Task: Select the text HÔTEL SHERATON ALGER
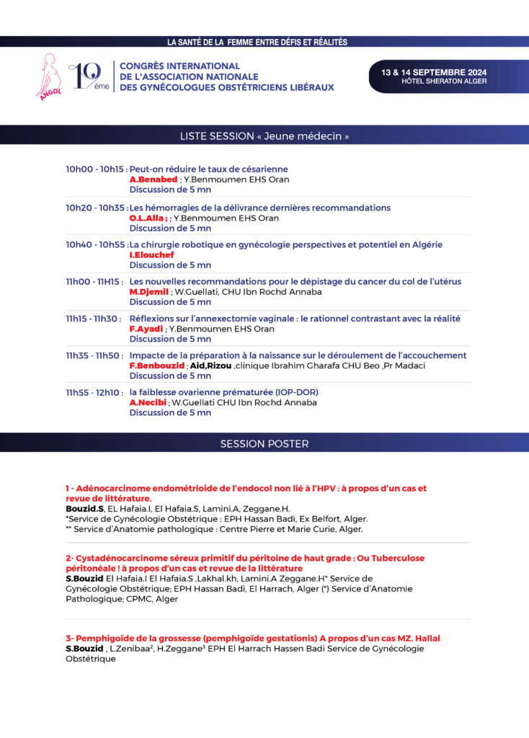pyautogui.click(x=444, y=81)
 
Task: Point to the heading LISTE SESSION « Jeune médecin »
pyautogui.click(x=264, y=136)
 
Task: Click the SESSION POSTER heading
pyautogui.click(x=264, y=444)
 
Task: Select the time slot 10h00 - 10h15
pyautogui.click(x=95, y=169)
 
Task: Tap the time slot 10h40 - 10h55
pyautogui.click(x=95, y=245)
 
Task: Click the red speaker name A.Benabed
pyautogui.click(x=153, y=179)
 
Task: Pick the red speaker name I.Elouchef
pyautogui.click(x=151, y=255)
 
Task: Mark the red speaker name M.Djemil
pyautogui.click(x=148, y=292)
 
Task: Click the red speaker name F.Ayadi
pyautogui.click(x=146, y=329)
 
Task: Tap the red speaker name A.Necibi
pyautogui.click(x=148, y=403)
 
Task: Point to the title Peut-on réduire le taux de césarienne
pyautogui.click(x=209, y=169)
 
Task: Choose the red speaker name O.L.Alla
pyautogui.click(x=148, y=218)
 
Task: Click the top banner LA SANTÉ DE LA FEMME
pyautogui.click(x=257, y=43)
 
